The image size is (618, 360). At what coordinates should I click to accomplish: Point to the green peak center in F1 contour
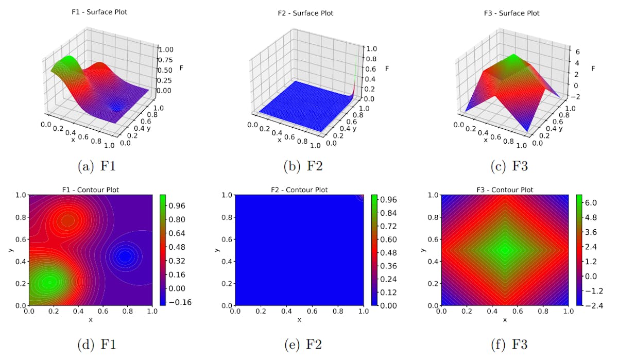49,282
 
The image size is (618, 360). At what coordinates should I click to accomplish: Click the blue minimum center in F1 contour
125,256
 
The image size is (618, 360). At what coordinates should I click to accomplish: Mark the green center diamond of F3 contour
505,250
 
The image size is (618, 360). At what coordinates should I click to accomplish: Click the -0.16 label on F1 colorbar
180,302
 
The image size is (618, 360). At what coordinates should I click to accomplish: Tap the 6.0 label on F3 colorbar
590,202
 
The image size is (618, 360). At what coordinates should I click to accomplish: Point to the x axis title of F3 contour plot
505,320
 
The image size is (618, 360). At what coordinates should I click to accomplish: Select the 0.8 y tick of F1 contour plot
20,217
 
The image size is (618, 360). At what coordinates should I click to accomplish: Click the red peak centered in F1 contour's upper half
68,220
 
